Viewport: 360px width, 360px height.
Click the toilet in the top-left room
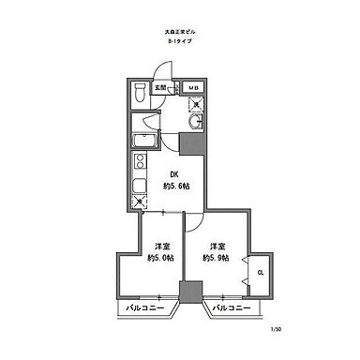click(x=139, y=92)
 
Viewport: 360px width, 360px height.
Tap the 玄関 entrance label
click(x=161, y=88)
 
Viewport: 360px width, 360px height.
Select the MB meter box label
click(x=194, y=88)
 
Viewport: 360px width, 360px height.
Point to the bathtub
click(x=144, y=142)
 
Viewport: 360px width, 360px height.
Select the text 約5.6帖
click(x=174, y=186)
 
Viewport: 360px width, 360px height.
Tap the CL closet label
click(x=259, y=274)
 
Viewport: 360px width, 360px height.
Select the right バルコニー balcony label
click(x=230, y=307)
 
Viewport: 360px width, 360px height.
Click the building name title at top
click(x=180, y=33)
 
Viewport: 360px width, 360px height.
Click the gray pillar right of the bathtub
click(x=190, y=144)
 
